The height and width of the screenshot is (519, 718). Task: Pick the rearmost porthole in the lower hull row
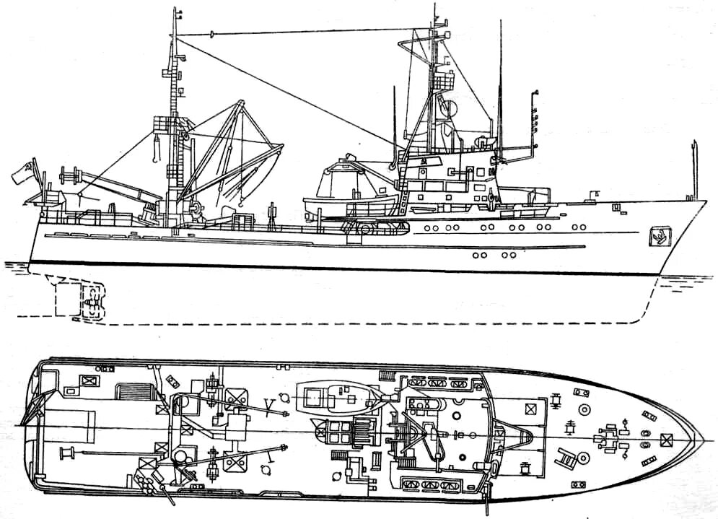tap(476, 254)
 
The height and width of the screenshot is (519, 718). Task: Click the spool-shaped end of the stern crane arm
tap(70, 174)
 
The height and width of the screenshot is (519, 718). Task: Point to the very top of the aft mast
tap(172, 10)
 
